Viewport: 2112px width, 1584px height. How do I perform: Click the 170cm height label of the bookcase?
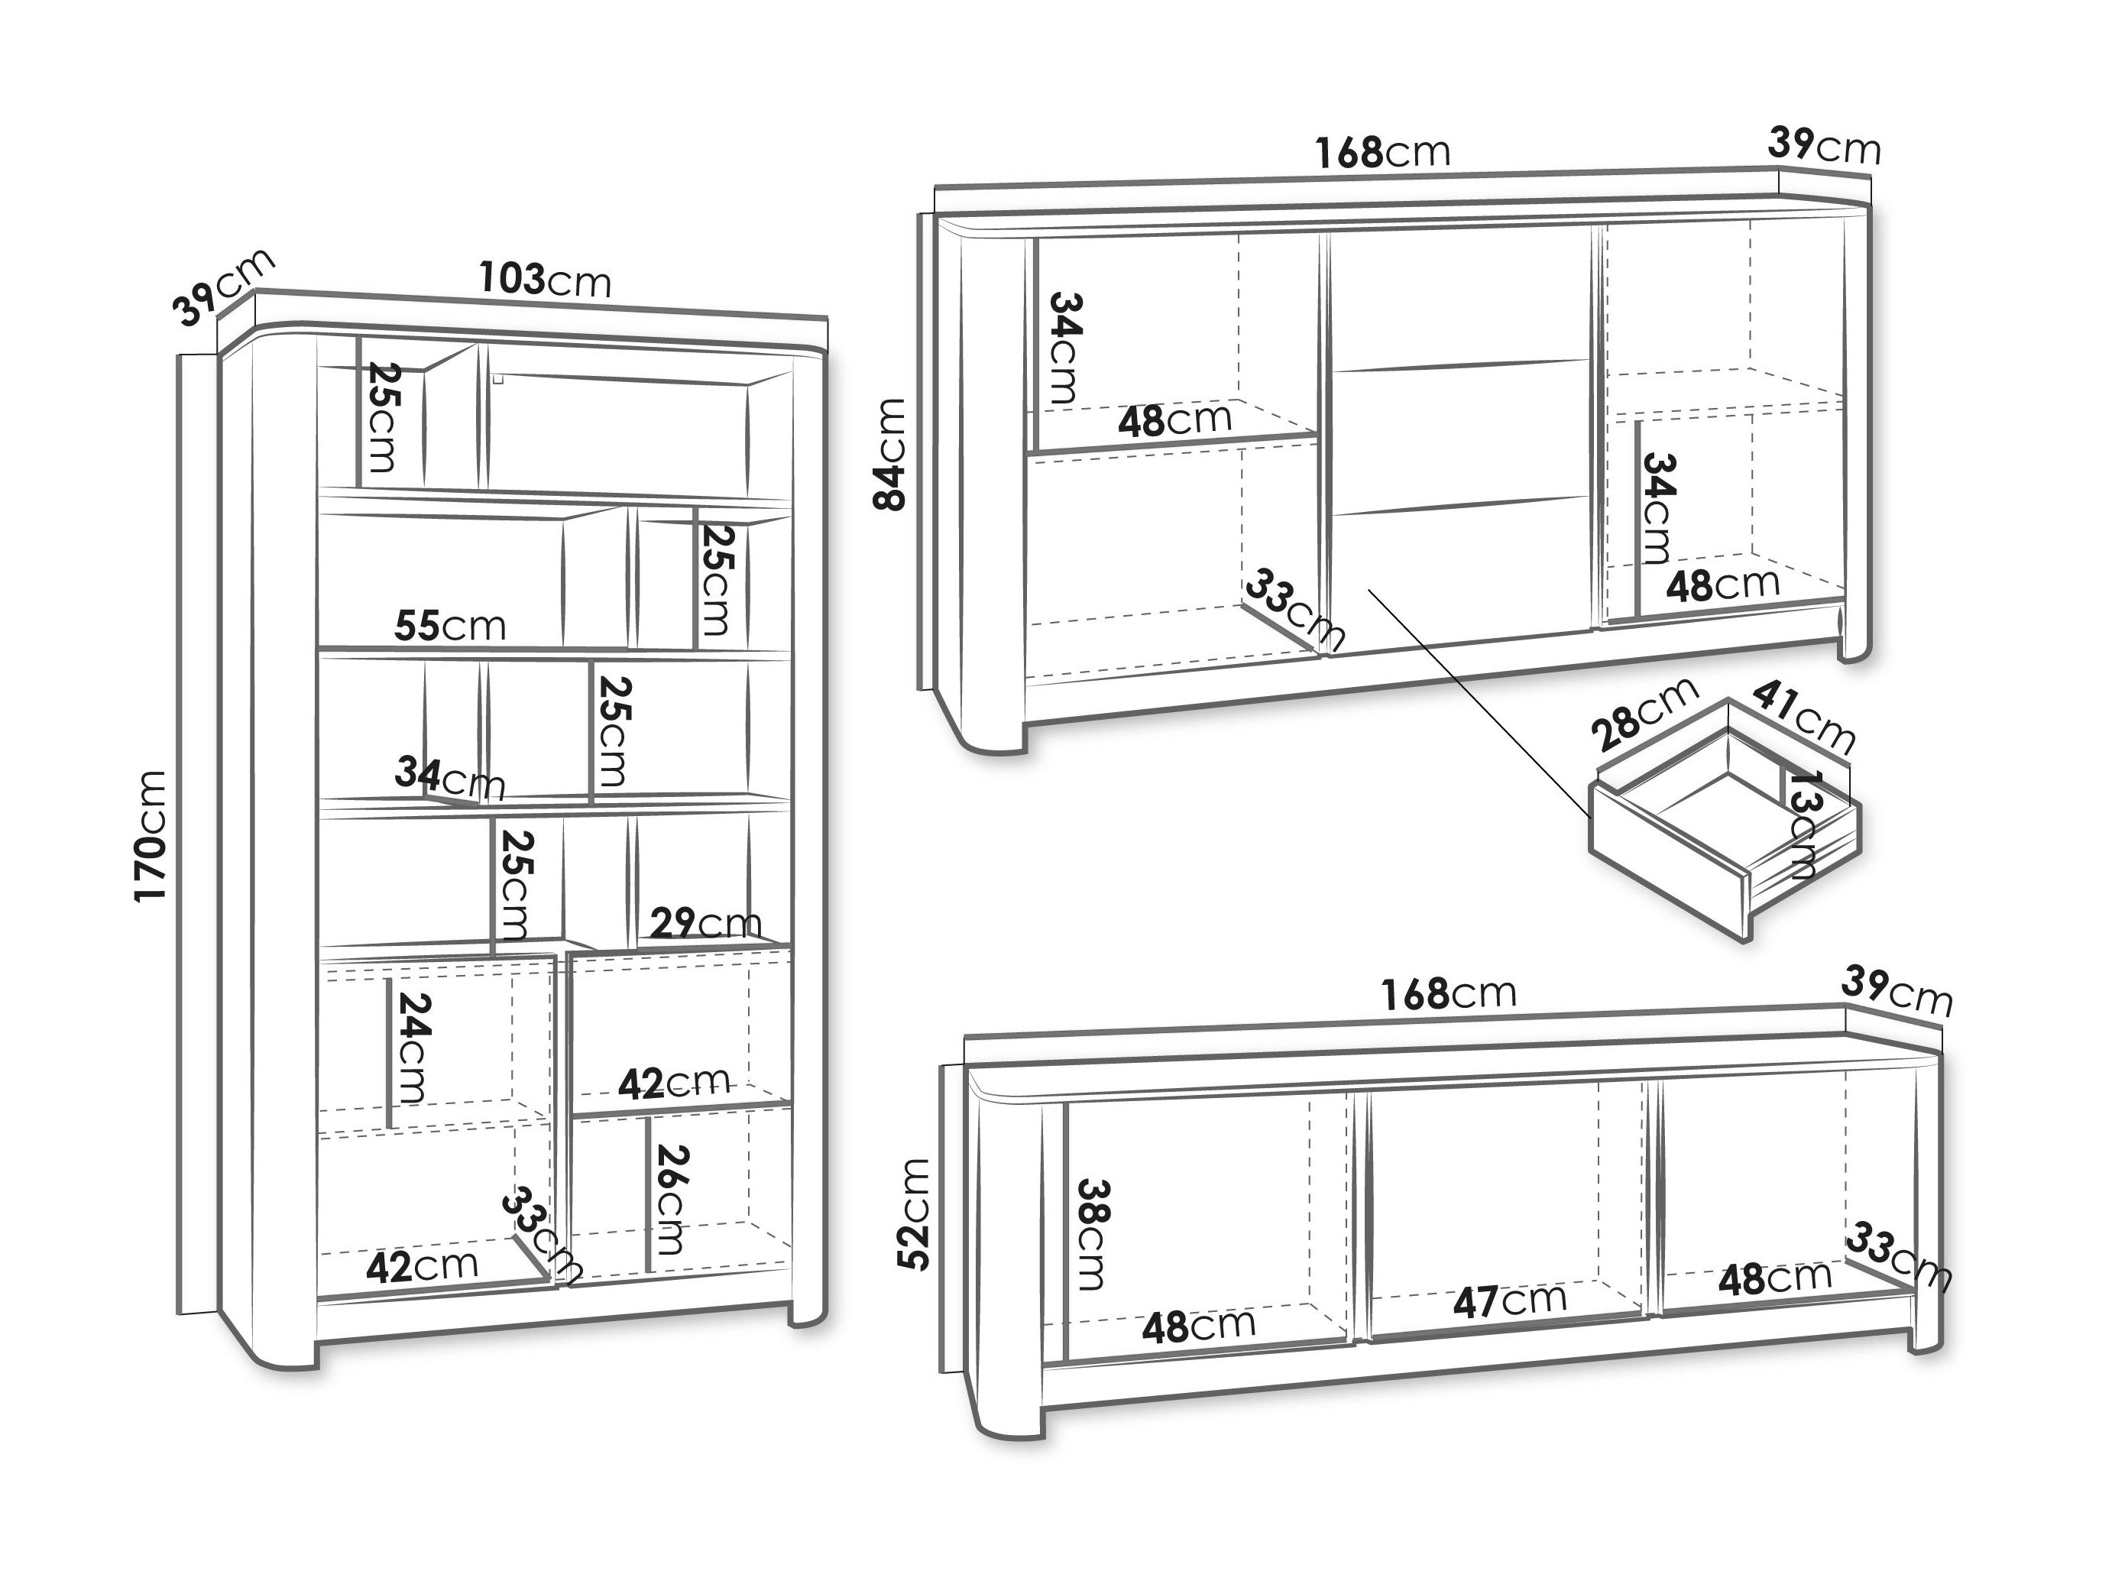pos(150,835)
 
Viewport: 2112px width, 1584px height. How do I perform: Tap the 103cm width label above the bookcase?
pos(544,280)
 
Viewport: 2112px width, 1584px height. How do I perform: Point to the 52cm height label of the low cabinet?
pos(914,1213)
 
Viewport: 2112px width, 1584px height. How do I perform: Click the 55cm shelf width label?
pos(450,627)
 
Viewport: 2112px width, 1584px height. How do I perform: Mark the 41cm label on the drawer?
pos(1803,716)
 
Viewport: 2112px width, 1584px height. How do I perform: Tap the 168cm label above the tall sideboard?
pos(1382,153)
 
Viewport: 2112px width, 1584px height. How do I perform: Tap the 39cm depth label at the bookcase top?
pos(223,287)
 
